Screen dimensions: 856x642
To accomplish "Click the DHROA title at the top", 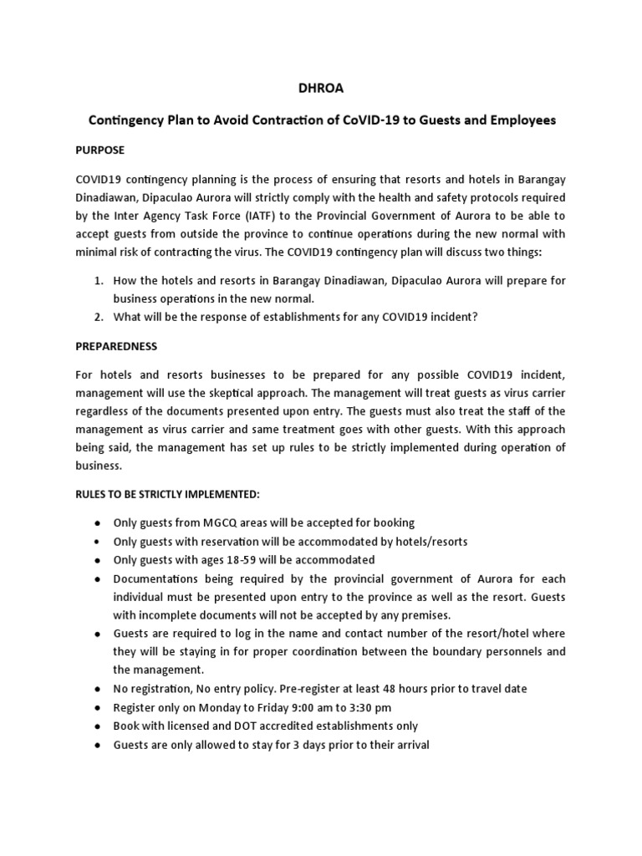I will point(321,89).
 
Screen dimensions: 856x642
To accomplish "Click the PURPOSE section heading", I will point(99,150).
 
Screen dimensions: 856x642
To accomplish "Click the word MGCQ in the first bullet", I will point(212,522).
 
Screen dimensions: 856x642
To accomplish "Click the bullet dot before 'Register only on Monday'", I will point(98,707).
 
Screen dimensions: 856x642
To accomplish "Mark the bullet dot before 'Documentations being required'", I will point(98,578).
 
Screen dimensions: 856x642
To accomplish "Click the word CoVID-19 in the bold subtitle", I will point(369,120).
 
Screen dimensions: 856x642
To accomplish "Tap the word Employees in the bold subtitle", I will point(523,120).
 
